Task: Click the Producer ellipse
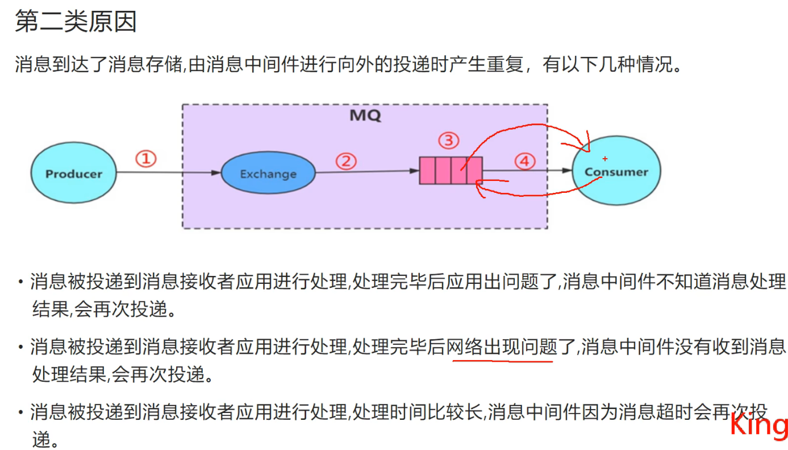[74, 174]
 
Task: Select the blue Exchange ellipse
[268, 174]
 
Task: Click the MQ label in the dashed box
[365, 115]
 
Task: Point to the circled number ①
[145, 159]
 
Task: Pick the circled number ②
[345, 162]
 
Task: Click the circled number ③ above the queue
[448, 140]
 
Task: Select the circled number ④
[524, 162]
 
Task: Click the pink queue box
[451, 171]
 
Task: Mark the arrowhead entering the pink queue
[415, 170]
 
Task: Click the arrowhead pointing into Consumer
[567, 170]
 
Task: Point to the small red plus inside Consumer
[605, 159]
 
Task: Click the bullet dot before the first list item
[20, 282]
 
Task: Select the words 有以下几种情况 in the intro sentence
[611, 64]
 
